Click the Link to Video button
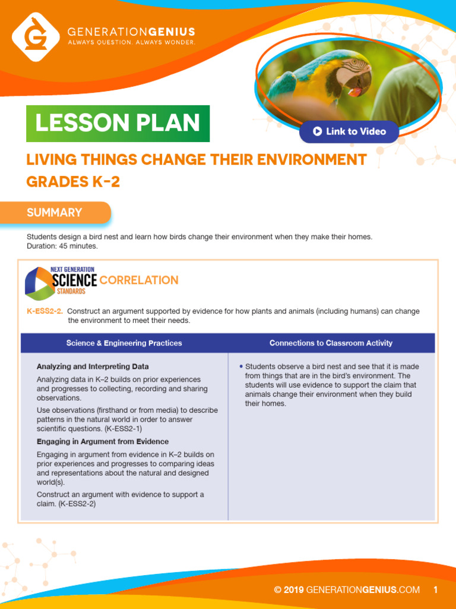(349, 131)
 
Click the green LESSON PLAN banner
(118, 123)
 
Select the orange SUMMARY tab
(55, 212)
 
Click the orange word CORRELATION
(139, 280)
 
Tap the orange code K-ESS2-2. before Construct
(45, 312)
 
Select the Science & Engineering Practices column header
(124, 343)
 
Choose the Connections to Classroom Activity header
(331, 343)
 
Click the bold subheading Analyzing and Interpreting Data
(93, 366)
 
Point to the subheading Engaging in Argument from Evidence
(103, 441)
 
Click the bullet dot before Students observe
(240, 366)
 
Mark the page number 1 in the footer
(435, 590)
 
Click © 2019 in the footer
(289, 590)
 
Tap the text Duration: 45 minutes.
(62, 246)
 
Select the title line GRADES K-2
(73, 182)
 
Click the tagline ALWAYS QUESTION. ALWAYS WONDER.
(131, 43)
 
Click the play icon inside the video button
(317, 131)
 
